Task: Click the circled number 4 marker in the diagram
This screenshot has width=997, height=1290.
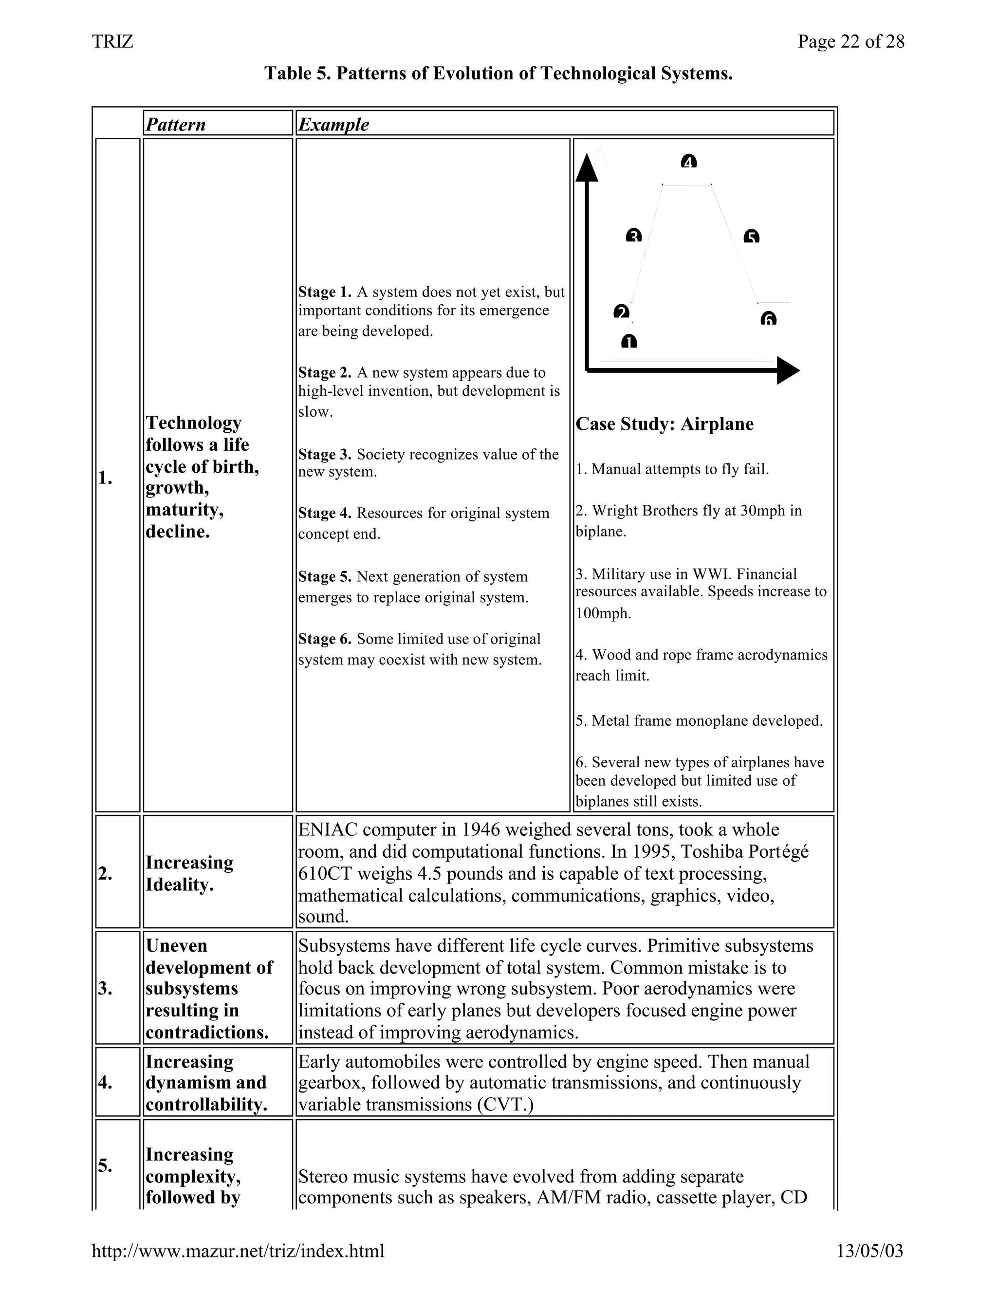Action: click(689, 161)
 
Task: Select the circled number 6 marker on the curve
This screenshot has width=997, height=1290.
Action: click(768, 319)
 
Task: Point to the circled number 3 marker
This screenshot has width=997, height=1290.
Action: click(633, 236)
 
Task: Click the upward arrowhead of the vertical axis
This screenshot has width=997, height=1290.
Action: click(587, 168)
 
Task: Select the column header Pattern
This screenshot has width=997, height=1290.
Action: click(176, 125)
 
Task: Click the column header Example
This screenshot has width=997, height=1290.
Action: click(333, 125)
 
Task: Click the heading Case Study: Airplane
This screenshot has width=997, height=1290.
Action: click(665, 424)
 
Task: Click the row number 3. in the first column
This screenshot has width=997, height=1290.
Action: click(105, 988)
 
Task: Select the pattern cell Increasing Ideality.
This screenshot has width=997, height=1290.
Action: click(189, 873)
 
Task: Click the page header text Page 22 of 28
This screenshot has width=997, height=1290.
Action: click(850, 41)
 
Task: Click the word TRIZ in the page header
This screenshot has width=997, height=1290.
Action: click(113, 41)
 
